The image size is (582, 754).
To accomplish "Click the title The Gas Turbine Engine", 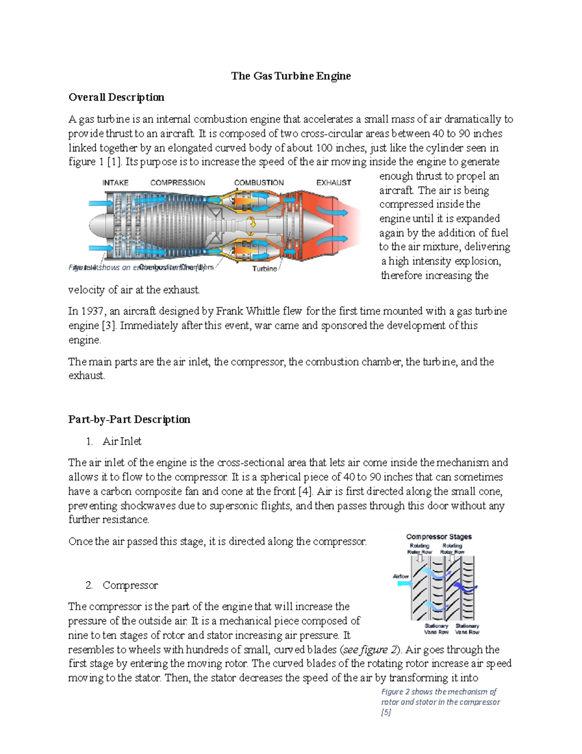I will pyautogui.click(x=291, y=76).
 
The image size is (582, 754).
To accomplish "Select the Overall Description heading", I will pyautogui.click(x=116, y=97).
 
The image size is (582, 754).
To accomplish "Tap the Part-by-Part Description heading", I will pyautogui.click(x=129, y=419).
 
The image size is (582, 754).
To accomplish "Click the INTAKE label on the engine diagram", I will pyautogui.click(x=115, y=183).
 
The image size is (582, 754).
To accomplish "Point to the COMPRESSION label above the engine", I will pyautogui.click(x=178, y=183).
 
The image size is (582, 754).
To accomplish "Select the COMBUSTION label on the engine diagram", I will pyautogui.click(x=259, y=183).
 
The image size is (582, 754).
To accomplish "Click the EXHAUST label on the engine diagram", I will pyautogui.click(x=334, y=183).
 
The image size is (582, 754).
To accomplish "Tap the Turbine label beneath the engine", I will pyautogui.click(x=264, y=268).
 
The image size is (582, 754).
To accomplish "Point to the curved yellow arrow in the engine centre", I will pyautogui.click(x=252, y=223).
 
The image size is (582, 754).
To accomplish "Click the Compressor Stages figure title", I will pyautogui.click(x=438, y=536).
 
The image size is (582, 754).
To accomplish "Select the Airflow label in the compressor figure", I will pyautogui.click(x=401, y=576).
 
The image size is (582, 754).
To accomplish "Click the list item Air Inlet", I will pyautogui.click(x=122, y=441).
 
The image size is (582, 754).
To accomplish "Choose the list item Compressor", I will pyautogui.click(x=130, y=585).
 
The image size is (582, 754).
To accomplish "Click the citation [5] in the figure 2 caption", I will pyautogui.click(x=386, y=712).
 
